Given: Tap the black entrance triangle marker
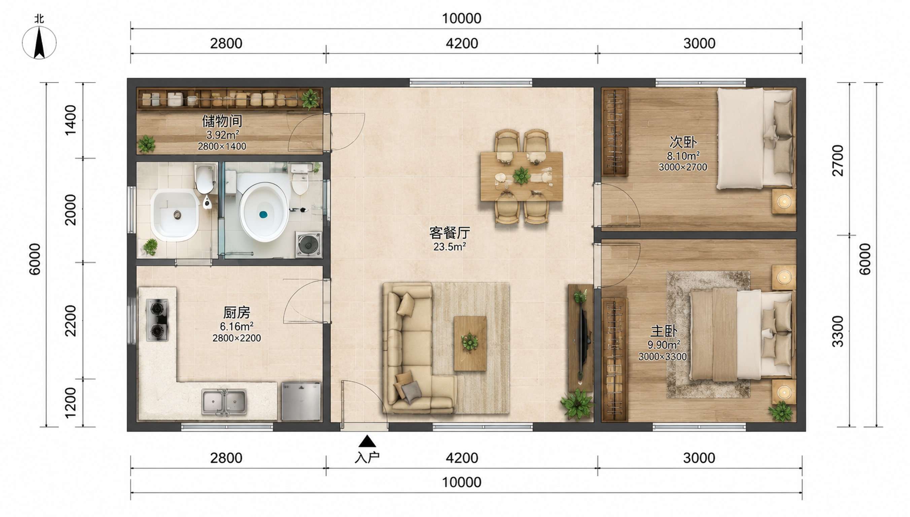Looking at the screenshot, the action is (x=367, y=441).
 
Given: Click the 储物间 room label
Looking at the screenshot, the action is (x=222, y=121).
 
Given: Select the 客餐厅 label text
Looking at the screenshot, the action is (x=450, y=233).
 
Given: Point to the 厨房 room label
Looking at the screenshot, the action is (x=237, y=312).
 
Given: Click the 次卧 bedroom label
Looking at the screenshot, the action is (x=683, y=142).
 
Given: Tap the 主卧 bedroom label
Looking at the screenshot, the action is (x=664, y=331).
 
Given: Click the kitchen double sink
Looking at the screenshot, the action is (x=224, y=402).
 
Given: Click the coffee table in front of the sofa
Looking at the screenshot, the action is (x=470, y=343).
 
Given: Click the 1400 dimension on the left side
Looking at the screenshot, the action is (x=71, y=120).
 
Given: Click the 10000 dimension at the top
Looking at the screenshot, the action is (x=461, y=19).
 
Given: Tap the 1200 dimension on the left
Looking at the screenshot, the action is (x=71, y=403).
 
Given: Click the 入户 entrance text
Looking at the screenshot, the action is (x=367, y=458).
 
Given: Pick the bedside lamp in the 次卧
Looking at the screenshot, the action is (x=784, y=202).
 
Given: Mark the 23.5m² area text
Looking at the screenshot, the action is (x=450, y=246).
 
